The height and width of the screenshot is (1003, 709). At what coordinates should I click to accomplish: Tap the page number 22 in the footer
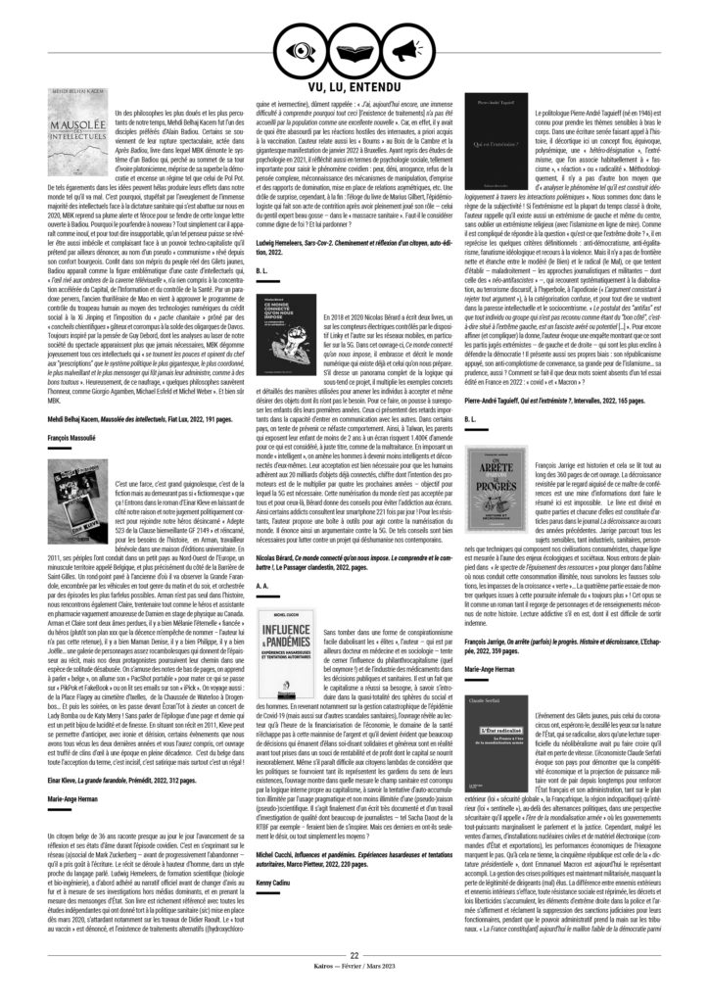click(x=354, y=980)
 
